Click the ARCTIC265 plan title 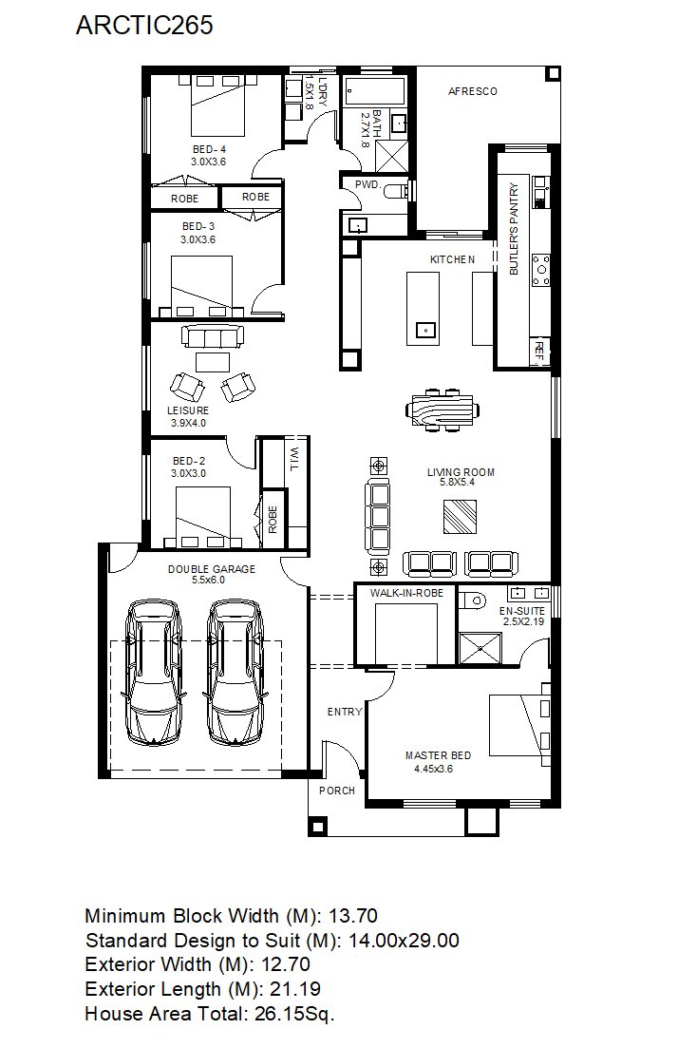tap(144, 25)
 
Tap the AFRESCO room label tap(472, 91)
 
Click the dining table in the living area tap(443, 409)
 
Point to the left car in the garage tap(155, 672)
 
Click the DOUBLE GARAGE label tap(211, 569)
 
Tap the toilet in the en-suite tap(474, 600)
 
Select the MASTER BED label tap(438, 755)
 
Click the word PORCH tap(337, 791)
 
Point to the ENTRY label tap(345, 712)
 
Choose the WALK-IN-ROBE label tap(406, 593)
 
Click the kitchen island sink tap(425, 331)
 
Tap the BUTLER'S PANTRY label tap(514, 229)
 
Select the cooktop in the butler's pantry tap(540, 270)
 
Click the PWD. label tap(367, 184)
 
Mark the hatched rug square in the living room tap(461, 517)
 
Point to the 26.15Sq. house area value tap(294, 1015)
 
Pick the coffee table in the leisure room tap(213, 362)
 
